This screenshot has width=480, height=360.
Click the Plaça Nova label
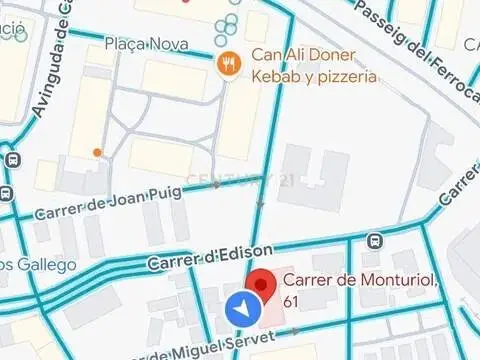tap(146, 45)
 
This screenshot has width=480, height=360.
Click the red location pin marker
tap(262, 284)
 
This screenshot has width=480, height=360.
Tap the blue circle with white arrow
tap(241, 311)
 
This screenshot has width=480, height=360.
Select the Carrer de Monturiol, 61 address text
tap(360, 291)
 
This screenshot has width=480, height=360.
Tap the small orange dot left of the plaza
tap(97, 153)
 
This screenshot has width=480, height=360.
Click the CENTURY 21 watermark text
tap(240, 180)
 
